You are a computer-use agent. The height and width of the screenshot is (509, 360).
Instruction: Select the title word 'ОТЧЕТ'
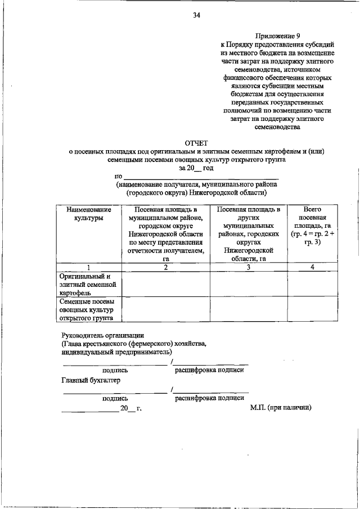[x=196, y=142]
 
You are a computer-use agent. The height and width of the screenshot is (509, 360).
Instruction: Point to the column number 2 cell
[x=166, y=267]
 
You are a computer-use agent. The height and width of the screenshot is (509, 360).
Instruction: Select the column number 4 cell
[x=312, y=267]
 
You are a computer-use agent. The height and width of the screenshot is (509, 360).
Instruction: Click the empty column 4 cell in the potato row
[x=312, y=285]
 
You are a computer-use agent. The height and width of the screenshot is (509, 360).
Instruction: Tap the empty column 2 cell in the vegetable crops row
[x=166, y=309]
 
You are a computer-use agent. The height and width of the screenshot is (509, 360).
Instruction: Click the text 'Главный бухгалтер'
[x=91, y=380]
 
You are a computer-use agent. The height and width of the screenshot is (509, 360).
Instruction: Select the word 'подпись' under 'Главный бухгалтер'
[x=115, y=398]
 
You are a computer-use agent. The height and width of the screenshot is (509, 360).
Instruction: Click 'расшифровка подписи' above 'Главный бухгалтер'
[x=209, y=370]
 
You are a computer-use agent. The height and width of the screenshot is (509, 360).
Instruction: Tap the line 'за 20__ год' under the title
[x=196, y=168]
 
